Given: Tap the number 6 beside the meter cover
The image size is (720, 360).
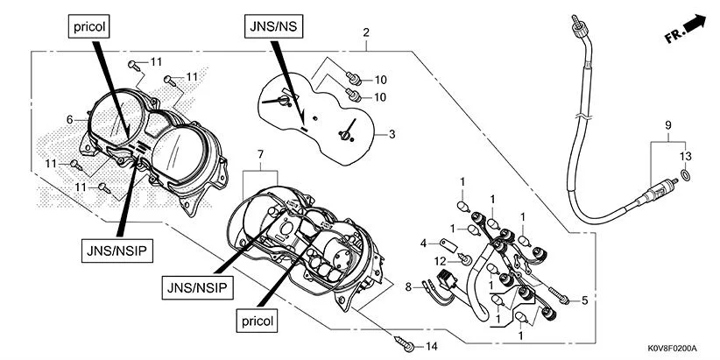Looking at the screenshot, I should (x=69, y=119).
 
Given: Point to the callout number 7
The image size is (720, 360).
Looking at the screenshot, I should (x=258, y=155).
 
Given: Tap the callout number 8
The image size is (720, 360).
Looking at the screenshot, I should (x=407, y=286).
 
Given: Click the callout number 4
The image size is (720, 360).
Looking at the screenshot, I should (x=422, y=242).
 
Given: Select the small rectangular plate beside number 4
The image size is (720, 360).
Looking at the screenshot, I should (x=448, y=242).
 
